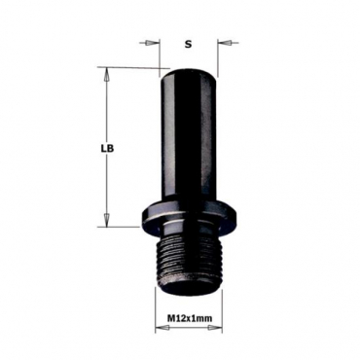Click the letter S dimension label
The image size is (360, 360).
188,44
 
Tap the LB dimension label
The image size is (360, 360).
107,149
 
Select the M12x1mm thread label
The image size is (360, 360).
190,318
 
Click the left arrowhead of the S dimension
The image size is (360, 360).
150,43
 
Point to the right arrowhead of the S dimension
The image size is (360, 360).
224,43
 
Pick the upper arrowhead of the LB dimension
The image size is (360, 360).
106,75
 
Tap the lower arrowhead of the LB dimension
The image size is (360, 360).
106,220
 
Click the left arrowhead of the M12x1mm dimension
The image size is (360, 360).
162,328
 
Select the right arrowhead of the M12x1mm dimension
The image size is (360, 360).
215,328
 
